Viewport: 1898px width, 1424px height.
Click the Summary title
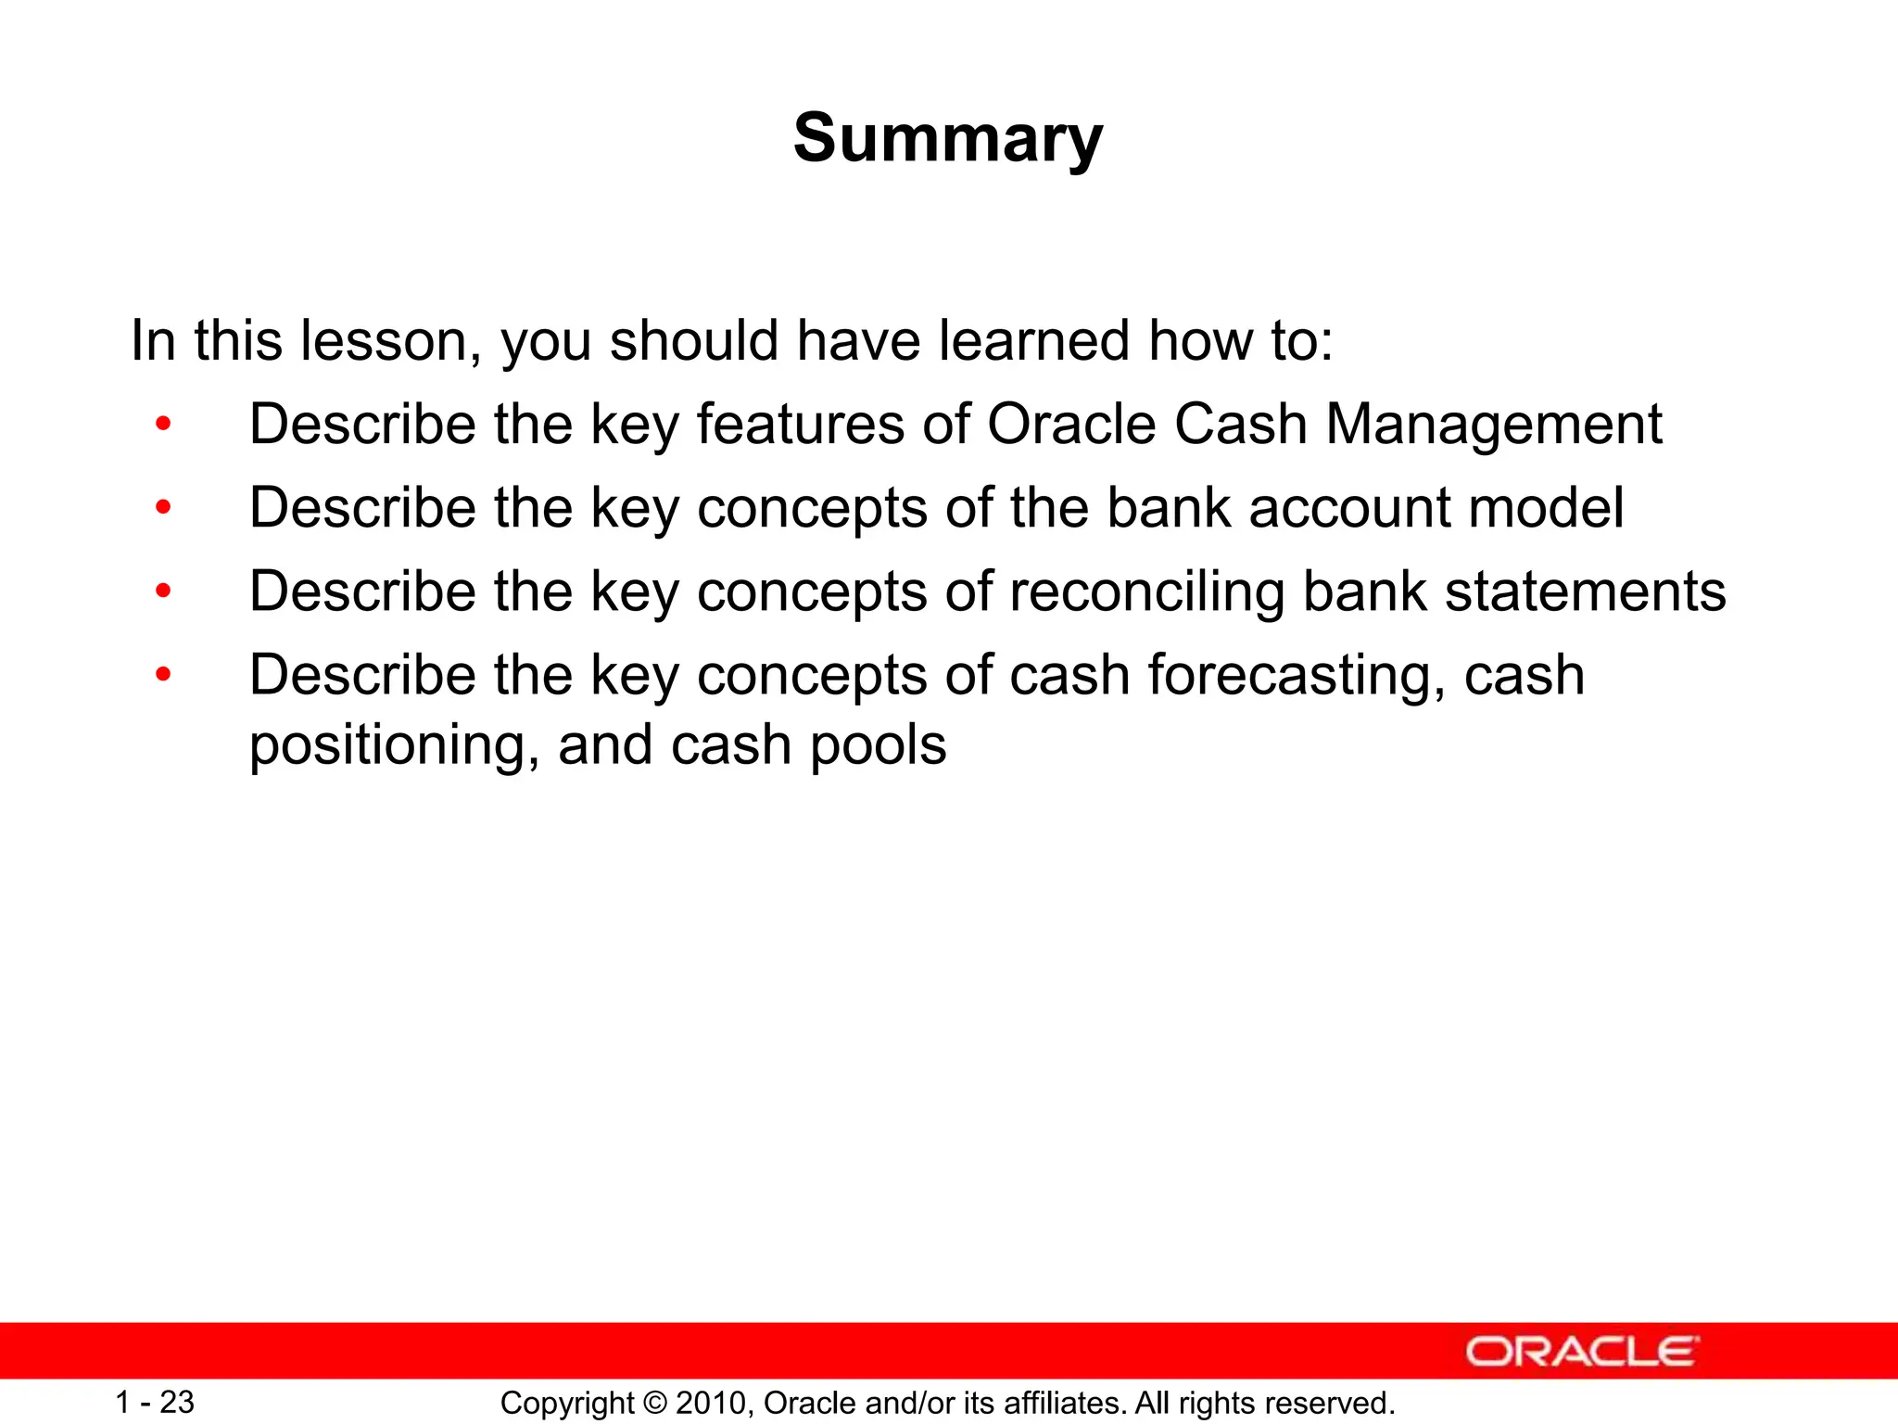click(x=948, y=139)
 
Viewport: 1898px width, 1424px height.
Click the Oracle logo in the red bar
click(x=1582, y=1352)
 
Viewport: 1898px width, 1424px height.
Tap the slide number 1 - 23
click(x=155, y=1403)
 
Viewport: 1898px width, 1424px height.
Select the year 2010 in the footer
click(x=712, y=1404)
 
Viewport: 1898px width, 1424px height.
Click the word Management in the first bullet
click(x=1494, y=426)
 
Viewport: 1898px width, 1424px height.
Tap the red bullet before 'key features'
click(x=164, y=426)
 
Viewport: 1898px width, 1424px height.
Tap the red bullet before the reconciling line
click(x=164, y=591)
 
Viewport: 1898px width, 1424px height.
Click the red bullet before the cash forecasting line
click(x=164, y=675)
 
